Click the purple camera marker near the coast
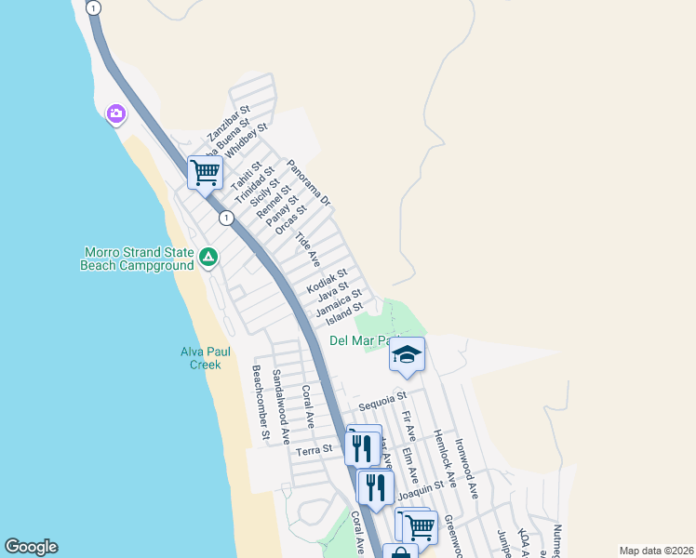[116, 114]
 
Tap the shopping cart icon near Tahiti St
[205, 171]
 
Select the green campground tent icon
[208, 256]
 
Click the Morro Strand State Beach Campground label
[139, 259]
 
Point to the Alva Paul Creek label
[205, 358]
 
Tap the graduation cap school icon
[407, 354]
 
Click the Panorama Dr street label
[309, 182]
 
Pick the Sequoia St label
[383, 401]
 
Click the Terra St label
[314, 451]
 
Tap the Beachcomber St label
[261, 402]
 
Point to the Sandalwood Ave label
[281, 405]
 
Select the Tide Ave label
[307, 249]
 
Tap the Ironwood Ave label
[467, 471]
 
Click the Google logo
[31, 547]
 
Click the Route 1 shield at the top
[92, 7]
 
